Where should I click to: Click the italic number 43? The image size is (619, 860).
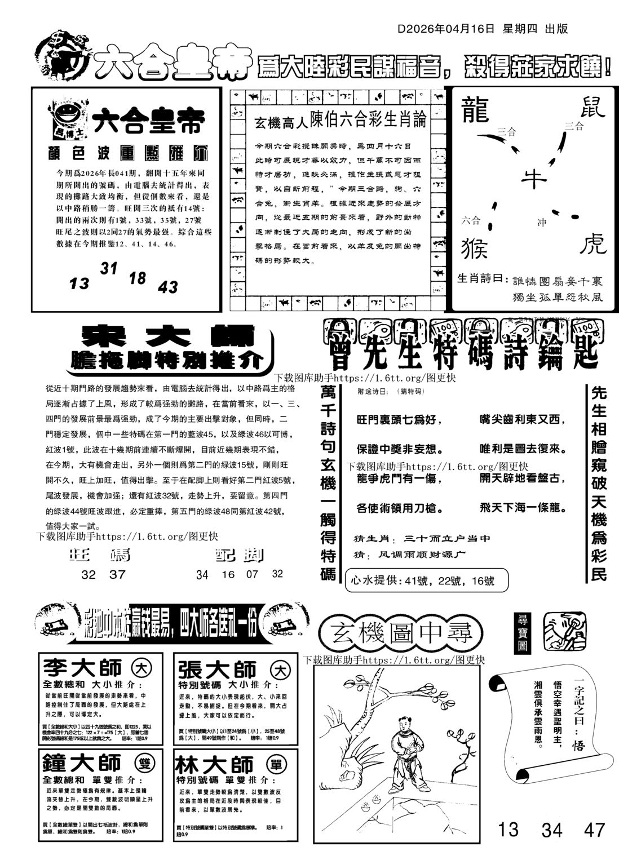168,287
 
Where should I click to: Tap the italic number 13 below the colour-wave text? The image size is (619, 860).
79,283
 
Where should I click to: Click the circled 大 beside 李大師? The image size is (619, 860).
139,669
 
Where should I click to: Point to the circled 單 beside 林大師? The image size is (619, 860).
279,764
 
